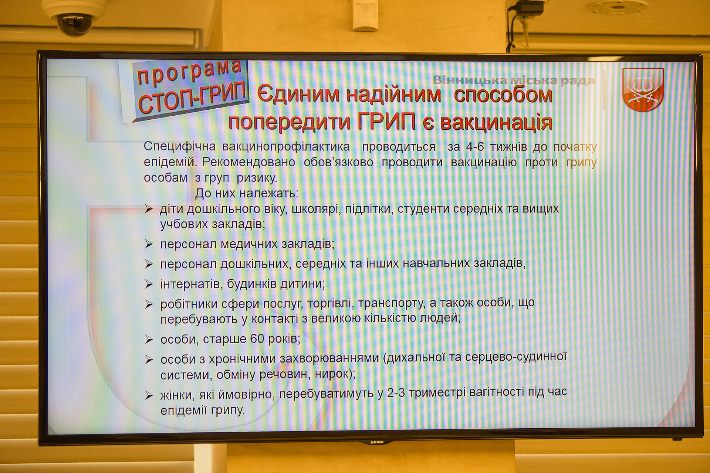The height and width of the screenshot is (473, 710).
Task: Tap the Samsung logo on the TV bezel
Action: click(377, 442)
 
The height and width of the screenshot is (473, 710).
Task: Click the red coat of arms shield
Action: click(643, 89)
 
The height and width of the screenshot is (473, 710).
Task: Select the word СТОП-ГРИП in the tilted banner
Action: click(192, 97)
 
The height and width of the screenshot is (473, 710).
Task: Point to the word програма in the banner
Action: click(189, 72)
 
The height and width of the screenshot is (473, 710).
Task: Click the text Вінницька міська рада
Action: click(514, 80)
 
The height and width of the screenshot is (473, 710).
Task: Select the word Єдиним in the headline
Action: click(298, 94)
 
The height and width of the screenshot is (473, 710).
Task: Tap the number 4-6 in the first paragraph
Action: click(474, 147)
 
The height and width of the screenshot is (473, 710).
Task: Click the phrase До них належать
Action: click(247, 193)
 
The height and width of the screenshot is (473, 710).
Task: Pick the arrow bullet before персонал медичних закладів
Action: click(149, 244)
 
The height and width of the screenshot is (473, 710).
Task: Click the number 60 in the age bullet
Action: click(257, 338)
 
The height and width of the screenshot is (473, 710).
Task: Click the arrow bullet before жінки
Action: click(149, 395)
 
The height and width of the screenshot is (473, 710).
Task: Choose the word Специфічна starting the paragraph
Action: click(180, 147)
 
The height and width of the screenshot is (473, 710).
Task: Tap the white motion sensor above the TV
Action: click(365, 15)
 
